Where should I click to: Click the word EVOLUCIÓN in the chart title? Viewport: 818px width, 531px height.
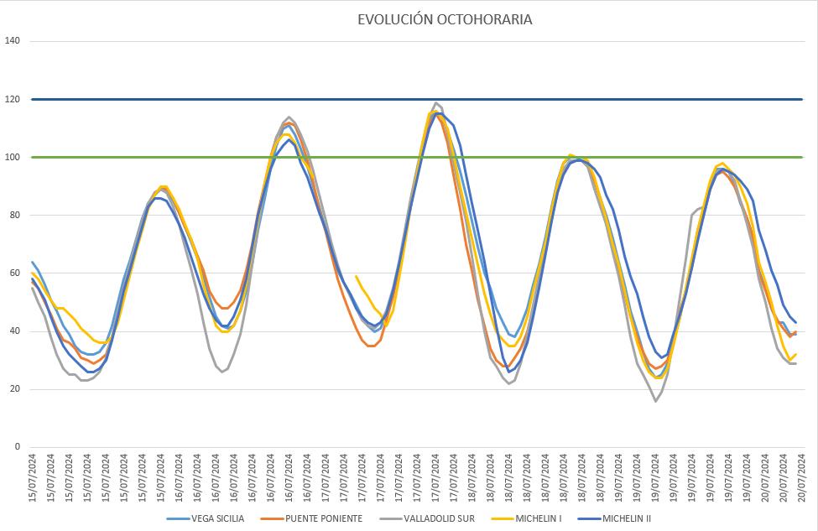pyautogui.click(x=395, y=19)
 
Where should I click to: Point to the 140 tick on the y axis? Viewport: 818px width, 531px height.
pyautogui.click(x=13, y=41)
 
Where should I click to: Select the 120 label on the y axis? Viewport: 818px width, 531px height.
pyautogui.click(x=13, y=99)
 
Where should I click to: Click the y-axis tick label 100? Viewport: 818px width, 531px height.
pyautogui.click(x=13, y=157)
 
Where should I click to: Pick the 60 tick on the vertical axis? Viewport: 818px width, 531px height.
pyautogui.click(x=15, y=273)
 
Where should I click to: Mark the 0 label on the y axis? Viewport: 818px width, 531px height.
pyautogui.click(x=18, y=447)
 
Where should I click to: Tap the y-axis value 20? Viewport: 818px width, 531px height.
pyautogui.click(x=15, y=389)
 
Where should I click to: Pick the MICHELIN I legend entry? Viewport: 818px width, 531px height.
pyautogui.click(x=544, y=518)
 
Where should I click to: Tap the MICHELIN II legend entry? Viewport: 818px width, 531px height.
pyautogui.click(x=626, y=518)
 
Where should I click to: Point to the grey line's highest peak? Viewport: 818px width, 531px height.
pyautogui.click(x=435, y=103)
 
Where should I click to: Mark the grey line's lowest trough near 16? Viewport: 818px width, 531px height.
pyautogui.click(x=656, y=401)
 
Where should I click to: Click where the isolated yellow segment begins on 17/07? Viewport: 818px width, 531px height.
pyautogui.click(x=357, y=276)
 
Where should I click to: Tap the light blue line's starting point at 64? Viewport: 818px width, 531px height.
pyautogui.click(x=32, y=262)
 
